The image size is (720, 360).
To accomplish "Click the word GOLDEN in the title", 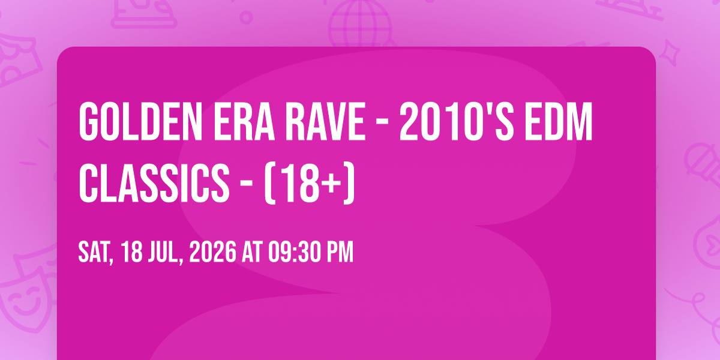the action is (x=140, y=122).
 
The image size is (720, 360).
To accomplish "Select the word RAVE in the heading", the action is (x=325, y=122).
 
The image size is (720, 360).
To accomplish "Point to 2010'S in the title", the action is (x=457, y=122).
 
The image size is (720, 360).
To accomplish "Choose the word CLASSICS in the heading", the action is (x=154, y=183).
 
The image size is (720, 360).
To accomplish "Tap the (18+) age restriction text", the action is (x=310, y=183).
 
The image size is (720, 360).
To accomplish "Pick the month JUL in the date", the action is (x=165, y=253).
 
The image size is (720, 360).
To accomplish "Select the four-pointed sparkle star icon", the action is (x=670, y=52).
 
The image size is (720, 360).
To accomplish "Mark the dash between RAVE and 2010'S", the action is (x=382, y=122).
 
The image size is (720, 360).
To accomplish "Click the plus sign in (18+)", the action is (x=332, y=183).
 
